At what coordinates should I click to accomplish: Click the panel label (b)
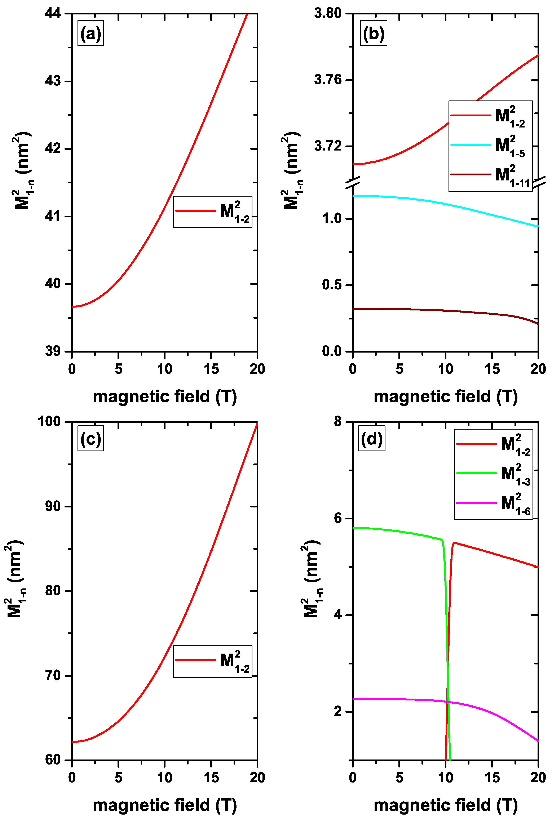coord(374,34)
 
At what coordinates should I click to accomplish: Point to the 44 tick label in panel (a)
coord(53,13)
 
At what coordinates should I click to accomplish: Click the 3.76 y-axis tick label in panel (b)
coord(328,80)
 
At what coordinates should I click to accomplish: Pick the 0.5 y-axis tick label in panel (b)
coord(332,285)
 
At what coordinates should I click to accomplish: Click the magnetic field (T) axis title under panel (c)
coord(164,805)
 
